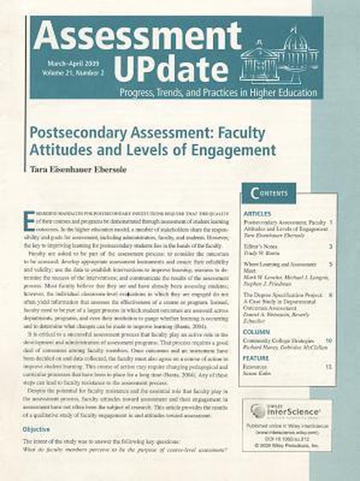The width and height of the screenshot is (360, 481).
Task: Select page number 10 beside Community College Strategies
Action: point(329,341)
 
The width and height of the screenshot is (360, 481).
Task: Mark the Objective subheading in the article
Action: point(37,429)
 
